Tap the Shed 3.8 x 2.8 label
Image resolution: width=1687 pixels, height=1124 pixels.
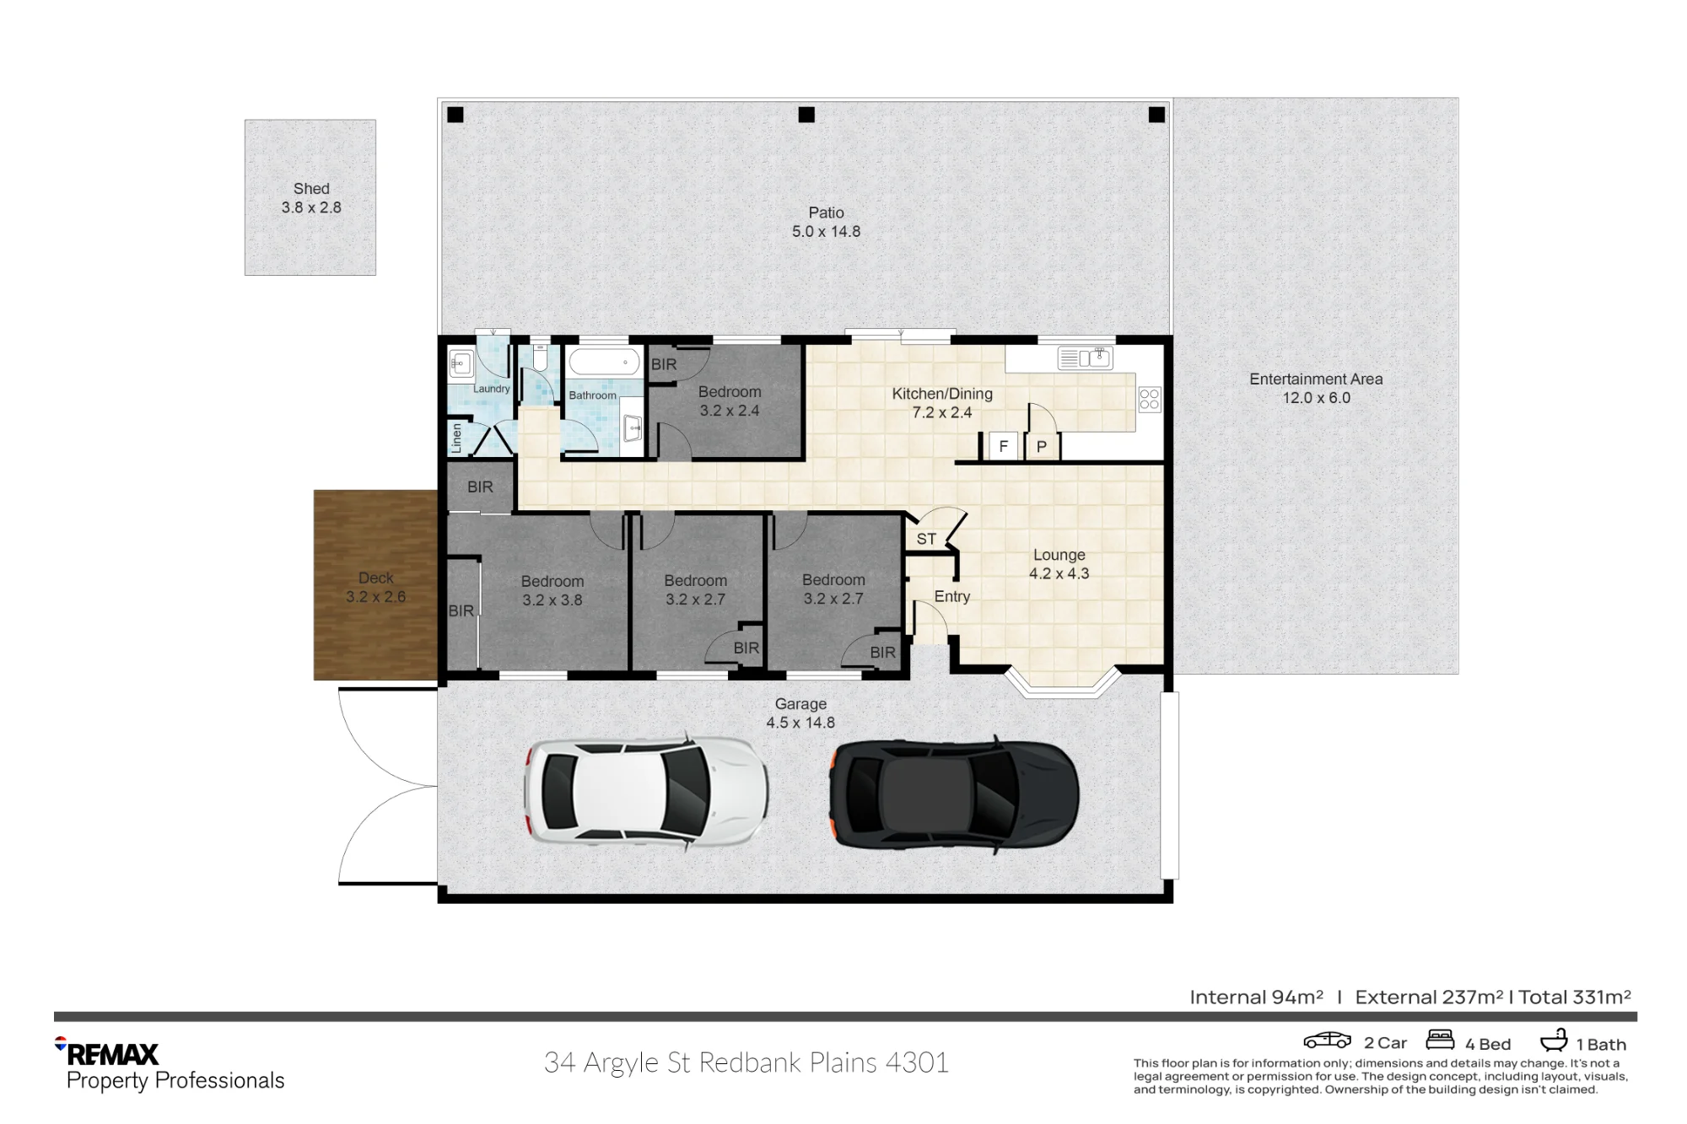tap(311, 198)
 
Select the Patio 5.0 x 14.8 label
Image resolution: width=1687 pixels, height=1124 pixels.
tap(826, 222)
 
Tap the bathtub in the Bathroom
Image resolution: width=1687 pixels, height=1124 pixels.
tap(604, 362)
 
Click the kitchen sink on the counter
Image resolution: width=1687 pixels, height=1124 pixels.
tap(1085, 358)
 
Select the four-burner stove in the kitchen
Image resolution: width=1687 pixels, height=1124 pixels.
tap(1150, 399)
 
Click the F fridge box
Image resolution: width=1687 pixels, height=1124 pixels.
tap(1004, 446)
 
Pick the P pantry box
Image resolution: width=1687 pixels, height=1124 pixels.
tap(1042, 446)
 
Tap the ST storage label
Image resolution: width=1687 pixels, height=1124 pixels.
tap(926, 539)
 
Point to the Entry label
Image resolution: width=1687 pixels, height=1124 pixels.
tap(952, 596)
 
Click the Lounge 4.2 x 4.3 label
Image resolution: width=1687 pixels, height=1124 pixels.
tap(1059, 564)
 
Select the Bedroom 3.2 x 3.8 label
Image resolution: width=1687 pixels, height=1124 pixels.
tap(552, 590)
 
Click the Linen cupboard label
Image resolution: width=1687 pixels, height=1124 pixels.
tap(456, 438)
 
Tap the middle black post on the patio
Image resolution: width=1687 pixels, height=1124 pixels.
tap(806, 115)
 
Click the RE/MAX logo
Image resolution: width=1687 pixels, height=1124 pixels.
tap(107, 1053)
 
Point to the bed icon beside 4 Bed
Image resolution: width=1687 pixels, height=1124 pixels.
tap(1440, 1039)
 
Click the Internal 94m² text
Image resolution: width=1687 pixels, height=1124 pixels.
tap(1256, 998)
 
